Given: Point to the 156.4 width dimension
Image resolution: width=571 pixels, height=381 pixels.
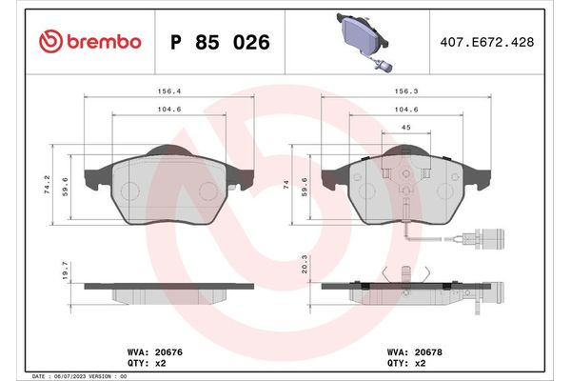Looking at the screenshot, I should click(169, 92).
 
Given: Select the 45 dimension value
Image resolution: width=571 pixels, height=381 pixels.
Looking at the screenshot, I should click(404, 128).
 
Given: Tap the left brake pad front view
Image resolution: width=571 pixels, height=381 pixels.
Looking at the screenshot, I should click(169, 187).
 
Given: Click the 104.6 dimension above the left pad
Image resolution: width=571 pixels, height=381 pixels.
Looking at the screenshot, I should click(169, 110).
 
